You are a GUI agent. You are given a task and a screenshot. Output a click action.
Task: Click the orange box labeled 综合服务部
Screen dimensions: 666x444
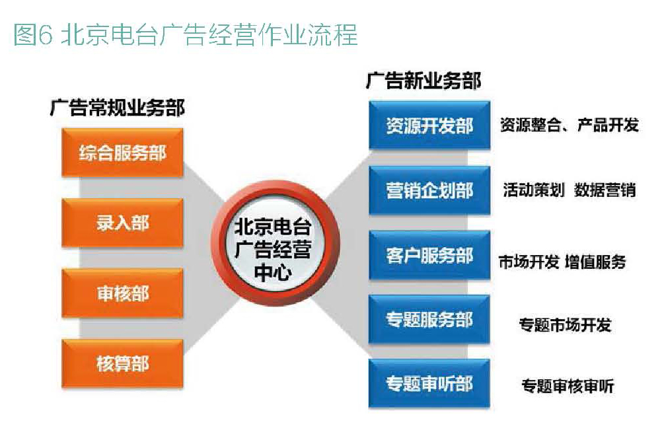(122, 152)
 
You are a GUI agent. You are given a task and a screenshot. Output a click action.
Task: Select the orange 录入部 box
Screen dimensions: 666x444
(122, 223)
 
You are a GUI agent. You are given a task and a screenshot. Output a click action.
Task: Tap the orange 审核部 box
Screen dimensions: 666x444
(122, 293)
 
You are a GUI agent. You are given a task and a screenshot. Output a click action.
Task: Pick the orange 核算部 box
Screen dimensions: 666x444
(122, 363)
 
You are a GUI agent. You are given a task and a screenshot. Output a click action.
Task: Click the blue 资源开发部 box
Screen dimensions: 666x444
(429, 125)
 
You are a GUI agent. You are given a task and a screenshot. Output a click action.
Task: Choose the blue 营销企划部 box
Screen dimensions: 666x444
(429, 190)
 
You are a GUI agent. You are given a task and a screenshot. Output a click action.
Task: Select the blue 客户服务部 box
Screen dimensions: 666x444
(429, 255)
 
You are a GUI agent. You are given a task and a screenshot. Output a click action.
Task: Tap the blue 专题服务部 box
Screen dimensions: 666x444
(429, 319)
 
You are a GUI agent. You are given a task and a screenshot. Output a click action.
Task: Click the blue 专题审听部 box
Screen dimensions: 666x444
(429, 384)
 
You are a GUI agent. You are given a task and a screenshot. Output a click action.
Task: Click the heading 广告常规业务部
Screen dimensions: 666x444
(117, 108)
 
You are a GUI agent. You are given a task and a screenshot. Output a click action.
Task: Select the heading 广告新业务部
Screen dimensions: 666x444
(424, 81)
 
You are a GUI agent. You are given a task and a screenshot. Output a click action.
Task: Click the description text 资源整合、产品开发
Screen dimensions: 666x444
(569, 125)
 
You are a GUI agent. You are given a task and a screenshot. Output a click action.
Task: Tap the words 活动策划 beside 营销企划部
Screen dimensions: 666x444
(534, 190)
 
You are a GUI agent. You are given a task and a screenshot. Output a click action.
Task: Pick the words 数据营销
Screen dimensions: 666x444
(605, 190)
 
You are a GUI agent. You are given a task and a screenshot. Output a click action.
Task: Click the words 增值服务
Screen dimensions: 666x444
(595, 262)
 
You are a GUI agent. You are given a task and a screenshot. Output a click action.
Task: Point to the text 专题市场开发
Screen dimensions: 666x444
(565, 325)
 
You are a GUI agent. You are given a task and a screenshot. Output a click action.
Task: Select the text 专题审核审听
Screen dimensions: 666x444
(568, 387)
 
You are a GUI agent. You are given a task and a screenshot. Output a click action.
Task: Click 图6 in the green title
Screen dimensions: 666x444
(33, 34)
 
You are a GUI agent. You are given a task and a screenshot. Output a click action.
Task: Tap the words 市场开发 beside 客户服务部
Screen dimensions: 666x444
(529, 262)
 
